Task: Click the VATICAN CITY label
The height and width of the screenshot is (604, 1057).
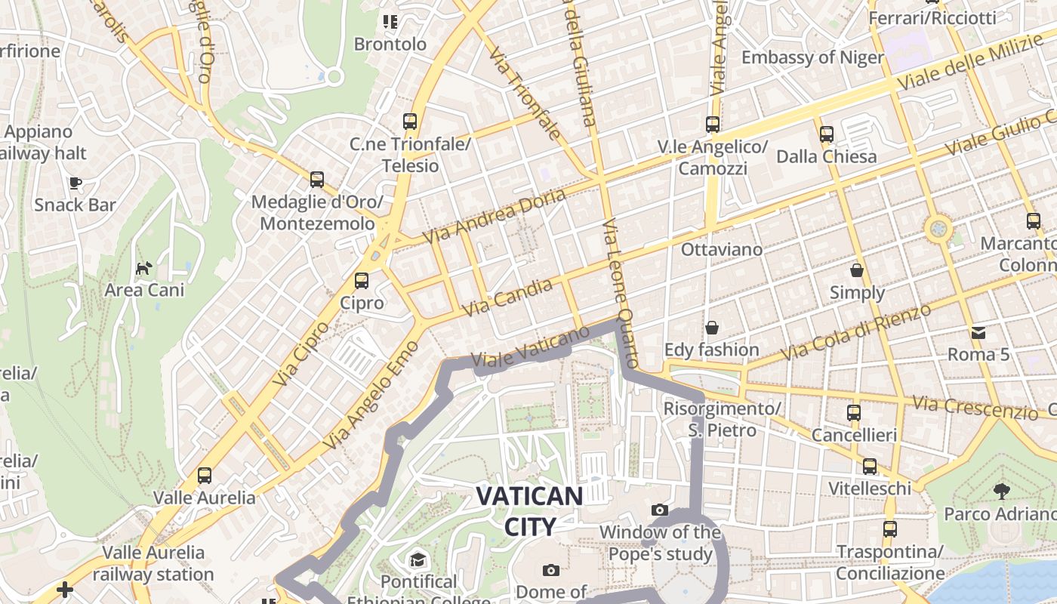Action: point(529,511)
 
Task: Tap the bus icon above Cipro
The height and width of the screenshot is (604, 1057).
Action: point(362,281)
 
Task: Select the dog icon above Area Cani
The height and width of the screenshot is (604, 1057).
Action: point(143,268)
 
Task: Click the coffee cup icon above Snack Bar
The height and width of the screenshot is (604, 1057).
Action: point(75,183)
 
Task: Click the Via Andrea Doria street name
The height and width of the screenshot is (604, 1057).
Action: point(495,216)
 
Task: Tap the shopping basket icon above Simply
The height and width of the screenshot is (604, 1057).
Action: point(857,270)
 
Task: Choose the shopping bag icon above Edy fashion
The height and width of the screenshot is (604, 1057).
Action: point(711,328)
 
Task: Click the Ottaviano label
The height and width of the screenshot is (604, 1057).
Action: point(721,249)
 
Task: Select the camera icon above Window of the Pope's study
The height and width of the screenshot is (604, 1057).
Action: point(660,510)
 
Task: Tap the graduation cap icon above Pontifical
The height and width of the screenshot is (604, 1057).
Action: point(418,559)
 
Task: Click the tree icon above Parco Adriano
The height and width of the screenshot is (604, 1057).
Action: point(1002,492)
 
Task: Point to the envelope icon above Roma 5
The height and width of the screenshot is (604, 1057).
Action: point(978,332)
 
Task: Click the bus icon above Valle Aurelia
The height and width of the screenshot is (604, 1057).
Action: point(204,476)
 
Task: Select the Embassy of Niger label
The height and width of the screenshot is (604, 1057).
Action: point(812,57)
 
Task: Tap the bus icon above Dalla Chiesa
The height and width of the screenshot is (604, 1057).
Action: point(827,134)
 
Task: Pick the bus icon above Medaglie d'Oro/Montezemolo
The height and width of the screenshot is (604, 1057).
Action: point(317,180)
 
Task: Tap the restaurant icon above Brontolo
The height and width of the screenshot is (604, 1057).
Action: point(390,22)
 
